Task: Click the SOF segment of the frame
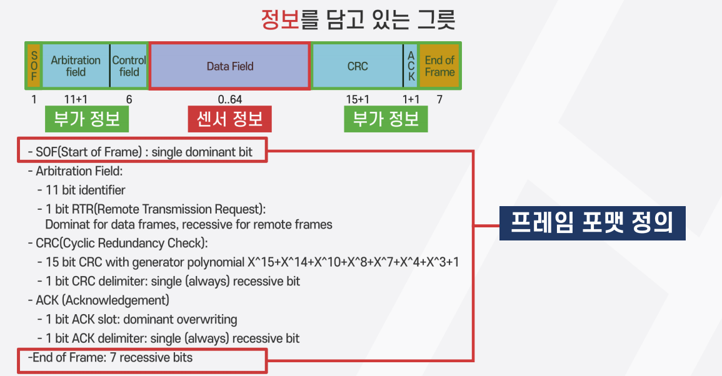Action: point(34,66)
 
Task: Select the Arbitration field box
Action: point(76,66)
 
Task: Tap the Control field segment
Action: point(129,66)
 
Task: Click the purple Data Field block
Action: point(230,66)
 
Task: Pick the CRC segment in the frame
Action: point(358,66)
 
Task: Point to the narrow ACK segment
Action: point(411,66)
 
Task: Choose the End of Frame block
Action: point(439,66)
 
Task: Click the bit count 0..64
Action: point(230,99)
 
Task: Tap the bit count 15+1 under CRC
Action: point(358,99)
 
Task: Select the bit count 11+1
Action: point(76,99)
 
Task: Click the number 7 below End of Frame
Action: point(439,99)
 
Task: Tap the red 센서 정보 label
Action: point(229,119)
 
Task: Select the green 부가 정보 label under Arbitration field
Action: point(86,119)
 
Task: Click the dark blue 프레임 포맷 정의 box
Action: point(592,223)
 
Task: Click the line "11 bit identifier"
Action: point(81,190)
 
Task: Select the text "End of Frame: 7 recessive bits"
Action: point(111,359)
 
